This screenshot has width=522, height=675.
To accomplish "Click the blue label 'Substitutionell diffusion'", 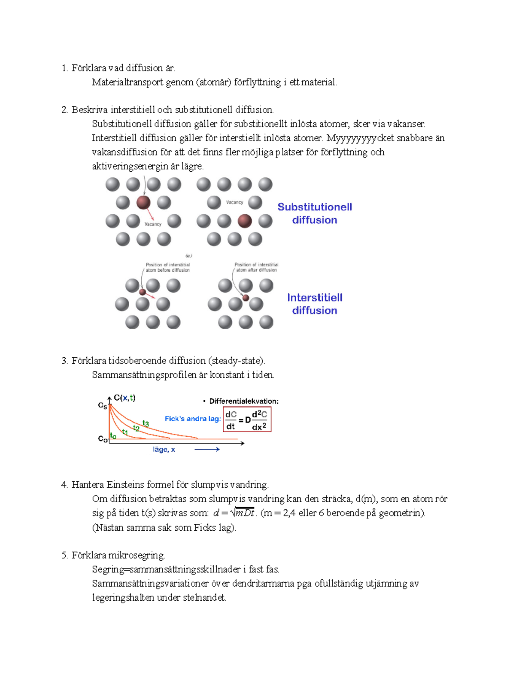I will pos(315,213).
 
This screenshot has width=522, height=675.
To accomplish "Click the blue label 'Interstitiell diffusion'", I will pos(315,304).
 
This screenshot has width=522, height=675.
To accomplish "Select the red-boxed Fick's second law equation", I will pos(247,419).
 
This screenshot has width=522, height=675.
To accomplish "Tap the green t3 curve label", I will pos(146,423).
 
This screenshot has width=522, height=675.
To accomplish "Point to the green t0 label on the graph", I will pos(113,436).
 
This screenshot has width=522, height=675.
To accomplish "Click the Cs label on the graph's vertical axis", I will pos(102,406).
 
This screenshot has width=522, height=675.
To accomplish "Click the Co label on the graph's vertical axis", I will pos(102,439).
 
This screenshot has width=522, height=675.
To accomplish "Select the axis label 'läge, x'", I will pos(164,449).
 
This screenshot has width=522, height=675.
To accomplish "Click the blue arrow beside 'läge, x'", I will pos(207,449).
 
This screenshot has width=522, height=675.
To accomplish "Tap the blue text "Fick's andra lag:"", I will pos(193,419).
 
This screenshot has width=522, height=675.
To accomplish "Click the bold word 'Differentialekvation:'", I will pos(244,401).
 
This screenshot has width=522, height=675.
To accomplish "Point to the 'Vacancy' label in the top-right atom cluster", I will pos(234,202).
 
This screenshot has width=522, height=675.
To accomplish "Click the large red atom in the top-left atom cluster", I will pos(143,202).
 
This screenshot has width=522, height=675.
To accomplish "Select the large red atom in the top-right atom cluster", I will pos(244,221).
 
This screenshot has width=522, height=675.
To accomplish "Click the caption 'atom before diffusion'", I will pos(167,270).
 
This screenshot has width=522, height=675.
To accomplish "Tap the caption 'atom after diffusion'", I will pos(256,270).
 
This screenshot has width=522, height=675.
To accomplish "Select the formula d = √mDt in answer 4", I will pos(234,513).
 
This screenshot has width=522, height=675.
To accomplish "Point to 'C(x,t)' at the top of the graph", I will pos(124,398).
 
